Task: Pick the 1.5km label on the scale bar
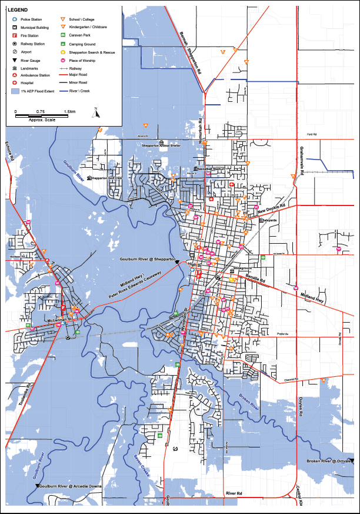point(69,111)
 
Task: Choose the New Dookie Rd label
point(270,210)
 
